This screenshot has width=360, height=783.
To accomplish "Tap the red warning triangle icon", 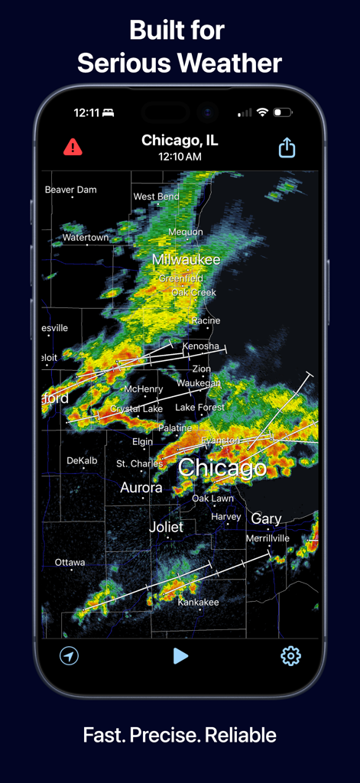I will click(73, 147).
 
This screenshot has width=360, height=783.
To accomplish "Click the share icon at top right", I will click(287, 148).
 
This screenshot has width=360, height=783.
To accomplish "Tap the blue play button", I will click(180, 655).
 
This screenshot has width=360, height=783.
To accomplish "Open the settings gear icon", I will click(290, 655).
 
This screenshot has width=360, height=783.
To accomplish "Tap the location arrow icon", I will click(70, 655).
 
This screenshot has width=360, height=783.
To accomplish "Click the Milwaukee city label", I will click(186, 260).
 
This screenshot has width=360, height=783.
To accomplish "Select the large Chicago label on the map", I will click(222, 467).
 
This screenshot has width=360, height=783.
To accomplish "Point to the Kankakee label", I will click(198, 603).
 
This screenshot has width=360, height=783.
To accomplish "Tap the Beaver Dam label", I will click(71, 190).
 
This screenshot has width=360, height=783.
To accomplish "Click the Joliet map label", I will click(166, 527).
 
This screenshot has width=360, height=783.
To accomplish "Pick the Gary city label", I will click(266, 518).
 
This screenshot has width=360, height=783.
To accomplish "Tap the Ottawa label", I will click(70, 563).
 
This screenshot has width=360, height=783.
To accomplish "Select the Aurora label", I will click(141, 487).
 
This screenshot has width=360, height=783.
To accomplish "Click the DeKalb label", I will click(82, 461).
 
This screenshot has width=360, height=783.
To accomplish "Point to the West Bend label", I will click(157, 197).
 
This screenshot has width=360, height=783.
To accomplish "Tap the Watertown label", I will click(86, 238).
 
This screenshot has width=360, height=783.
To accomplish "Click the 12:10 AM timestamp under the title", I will click(180, 157).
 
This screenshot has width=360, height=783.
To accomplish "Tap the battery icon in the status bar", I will click(283, 112).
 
